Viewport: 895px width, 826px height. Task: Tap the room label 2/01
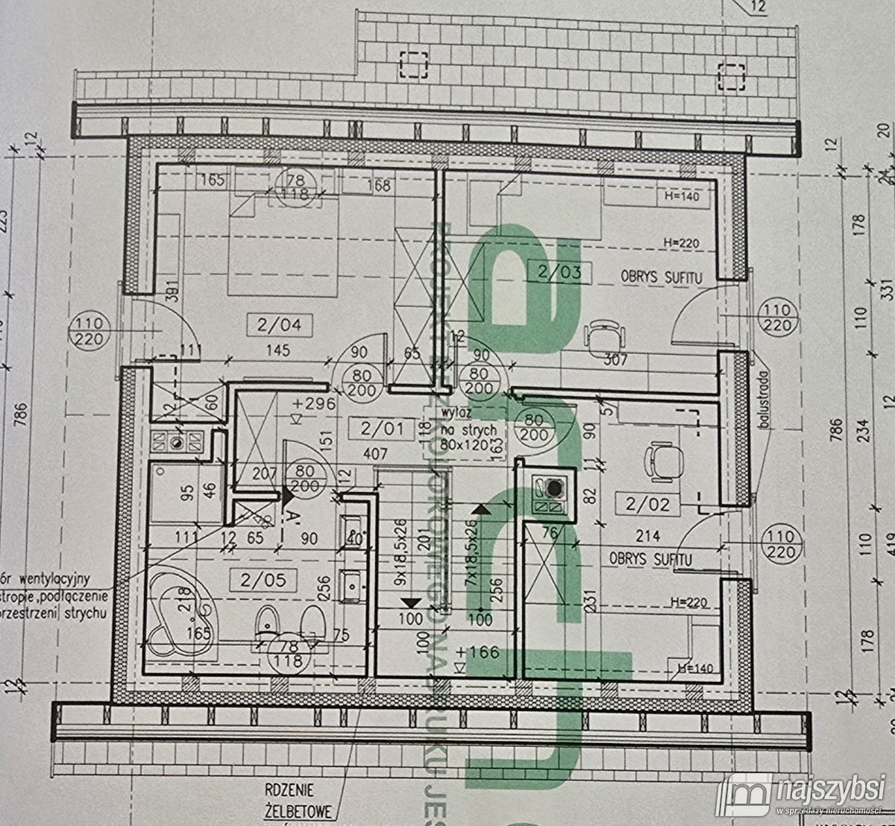[x=380, y=428]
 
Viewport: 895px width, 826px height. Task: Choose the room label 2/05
[x=263, y=579]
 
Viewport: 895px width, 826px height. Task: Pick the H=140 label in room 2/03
[x=681, y=198]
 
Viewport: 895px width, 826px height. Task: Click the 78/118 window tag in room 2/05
[x=289, y=653]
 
